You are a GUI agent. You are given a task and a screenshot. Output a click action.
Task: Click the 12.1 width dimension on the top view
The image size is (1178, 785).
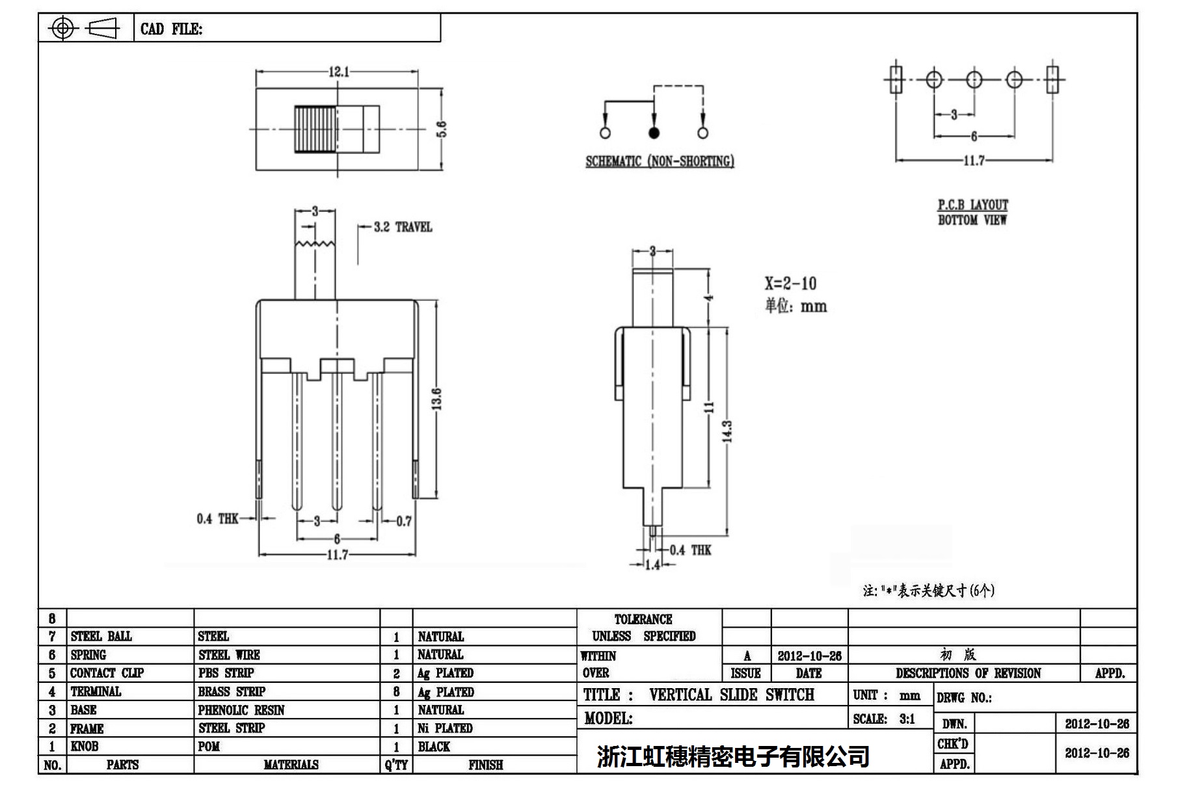(x=338, y=72)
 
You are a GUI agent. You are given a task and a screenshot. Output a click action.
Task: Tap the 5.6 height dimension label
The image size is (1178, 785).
(x=442, y=129)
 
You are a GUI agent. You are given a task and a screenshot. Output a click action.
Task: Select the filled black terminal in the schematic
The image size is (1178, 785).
(x=654, y=133)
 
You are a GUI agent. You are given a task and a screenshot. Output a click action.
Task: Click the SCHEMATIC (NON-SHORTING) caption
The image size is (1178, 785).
(x=660, y=161)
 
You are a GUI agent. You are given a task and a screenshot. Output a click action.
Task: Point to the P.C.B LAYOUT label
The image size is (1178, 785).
(x=972, y=204)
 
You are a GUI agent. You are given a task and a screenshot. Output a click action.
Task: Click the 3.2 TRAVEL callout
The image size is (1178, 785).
(x=403, y=227)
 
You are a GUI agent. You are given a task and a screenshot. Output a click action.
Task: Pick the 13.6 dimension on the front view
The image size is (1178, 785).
(x=437, y=399)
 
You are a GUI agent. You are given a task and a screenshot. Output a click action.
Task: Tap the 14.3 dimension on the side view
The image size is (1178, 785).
(x=727, y=431)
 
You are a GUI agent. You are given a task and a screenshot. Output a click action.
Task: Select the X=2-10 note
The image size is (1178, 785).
(x=790, y=284)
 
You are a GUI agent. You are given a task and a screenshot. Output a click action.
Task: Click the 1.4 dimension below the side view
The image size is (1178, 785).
(x=652, y=565)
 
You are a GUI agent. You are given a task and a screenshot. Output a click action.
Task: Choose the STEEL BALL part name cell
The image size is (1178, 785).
(x=101, y=636)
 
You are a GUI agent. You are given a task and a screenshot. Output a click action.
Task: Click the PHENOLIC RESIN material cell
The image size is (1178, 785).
(x=241, y=710)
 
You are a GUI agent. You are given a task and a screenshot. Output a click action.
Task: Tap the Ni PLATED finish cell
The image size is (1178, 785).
(x=445, y=728)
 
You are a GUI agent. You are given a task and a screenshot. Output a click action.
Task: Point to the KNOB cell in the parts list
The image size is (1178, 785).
(x=85, y=746)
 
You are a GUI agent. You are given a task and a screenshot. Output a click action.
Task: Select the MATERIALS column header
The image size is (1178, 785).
(x=291, y=765)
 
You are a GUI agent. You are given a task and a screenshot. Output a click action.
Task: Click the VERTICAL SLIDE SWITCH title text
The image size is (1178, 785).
(x=731, y=695)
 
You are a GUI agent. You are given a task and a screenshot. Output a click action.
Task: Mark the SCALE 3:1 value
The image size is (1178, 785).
(x=907, y=719)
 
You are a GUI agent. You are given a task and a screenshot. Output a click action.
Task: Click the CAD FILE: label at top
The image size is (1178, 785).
(x=171, y=29)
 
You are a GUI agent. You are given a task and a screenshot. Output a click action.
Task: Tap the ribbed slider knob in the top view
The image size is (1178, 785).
(x=316, y=129)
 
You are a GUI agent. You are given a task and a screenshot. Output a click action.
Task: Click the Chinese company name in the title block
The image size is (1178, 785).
(x=733, y=756)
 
